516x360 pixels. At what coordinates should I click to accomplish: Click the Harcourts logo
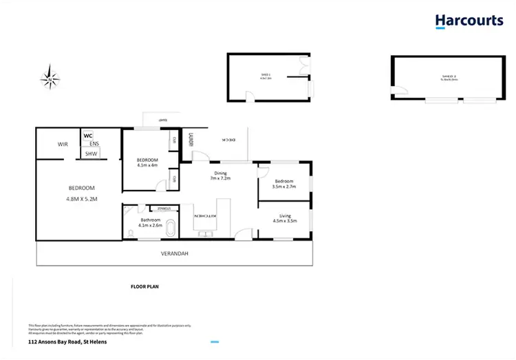(469, 21)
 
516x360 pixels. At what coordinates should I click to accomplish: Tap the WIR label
(63, 144)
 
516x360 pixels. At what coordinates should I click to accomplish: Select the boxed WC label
(88, 136)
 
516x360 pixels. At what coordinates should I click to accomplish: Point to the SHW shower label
(91, 153)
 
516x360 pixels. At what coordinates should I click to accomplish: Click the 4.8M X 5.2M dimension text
(81, 200)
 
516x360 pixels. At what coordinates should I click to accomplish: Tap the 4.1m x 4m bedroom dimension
(147, 165)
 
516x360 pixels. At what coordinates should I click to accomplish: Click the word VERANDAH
(174, 253)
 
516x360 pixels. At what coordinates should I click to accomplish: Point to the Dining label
(220, 173)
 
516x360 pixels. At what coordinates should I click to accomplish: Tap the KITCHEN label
(206, 217)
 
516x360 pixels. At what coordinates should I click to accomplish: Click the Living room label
(284, 215)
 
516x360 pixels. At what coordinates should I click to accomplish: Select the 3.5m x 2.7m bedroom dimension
(283, 186)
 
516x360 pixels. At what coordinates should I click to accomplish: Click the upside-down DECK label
(228, 139)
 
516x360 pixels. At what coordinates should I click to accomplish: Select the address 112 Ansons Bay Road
(65, 341)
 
